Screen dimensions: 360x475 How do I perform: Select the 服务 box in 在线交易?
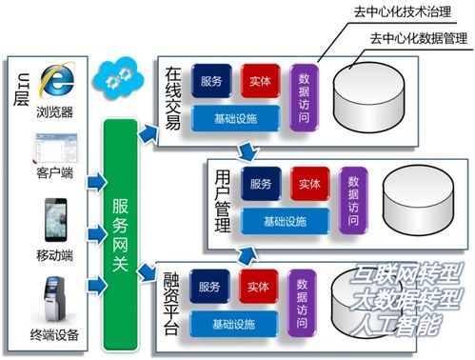(211, 81)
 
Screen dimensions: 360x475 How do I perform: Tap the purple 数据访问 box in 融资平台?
(303, 297)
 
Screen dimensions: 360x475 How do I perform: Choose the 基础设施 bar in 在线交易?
(237, 118)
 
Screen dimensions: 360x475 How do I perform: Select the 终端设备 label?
(54, 335)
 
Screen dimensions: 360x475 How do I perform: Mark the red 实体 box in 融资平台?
(258, 286)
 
